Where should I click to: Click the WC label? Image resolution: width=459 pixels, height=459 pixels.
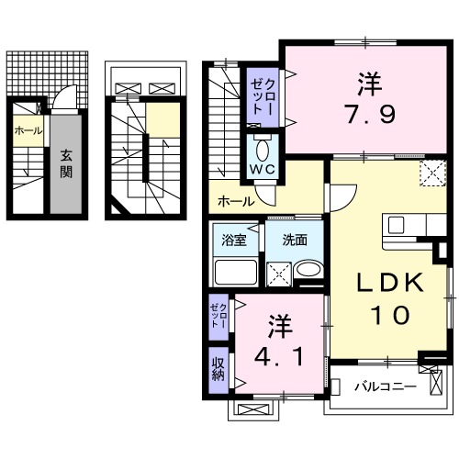click(262, 170)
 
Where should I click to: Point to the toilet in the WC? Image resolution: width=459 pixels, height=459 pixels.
click(263, 149)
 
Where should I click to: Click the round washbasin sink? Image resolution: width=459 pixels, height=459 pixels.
click(309, 272)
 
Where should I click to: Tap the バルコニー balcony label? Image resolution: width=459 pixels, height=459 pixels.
click(386, 386)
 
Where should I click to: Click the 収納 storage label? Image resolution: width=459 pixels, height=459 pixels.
click(218, 371)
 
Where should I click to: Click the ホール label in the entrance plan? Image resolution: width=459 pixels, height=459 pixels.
click(28, 131)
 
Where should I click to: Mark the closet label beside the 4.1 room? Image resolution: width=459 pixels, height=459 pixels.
click(218, 315)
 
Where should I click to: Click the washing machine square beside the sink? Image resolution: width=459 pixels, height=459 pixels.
click(278, 272)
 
